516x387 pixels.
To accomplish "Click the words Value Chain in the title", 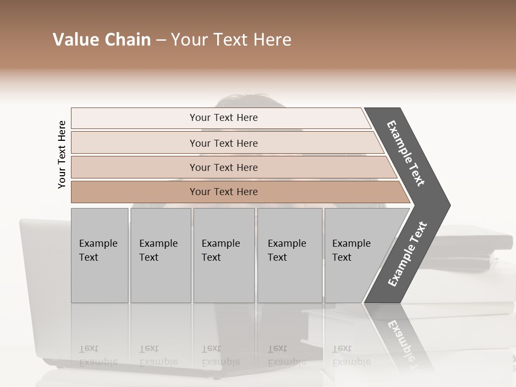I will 102,40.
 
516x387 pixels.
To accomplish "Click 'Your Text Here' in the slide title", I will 231,40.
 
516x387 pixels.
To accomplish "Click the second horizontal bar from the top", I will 224,143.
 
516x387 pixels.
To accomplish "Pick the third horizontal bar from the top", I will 224,167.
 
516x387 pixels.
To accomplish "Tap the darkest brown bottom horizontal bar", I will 224,192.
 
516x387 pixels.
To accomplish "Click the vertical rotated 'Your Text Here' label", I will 62,155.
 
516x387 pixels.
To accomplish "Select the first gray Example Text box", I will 99,255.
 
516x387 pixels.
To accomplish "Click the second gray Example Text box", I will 160,255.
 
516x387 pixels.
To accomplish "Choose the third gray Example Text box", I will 223,255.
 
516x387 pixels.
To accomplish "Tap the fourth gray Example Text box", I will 289,255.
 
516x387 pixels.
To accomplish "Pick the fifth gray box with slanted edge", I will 355,255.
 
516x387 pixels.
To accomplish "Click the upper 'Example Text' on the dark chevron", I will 406,153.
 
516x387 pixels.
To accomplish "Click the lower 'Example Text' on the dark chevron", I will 407,254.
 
